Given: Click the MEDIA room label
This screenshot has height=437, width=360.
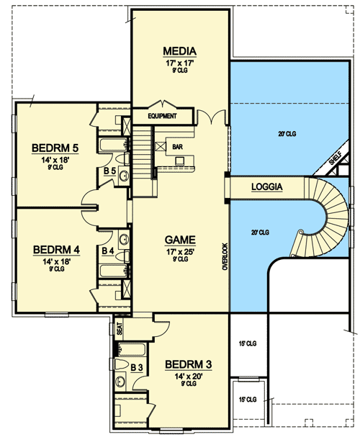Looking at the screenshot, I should tap(179, 50).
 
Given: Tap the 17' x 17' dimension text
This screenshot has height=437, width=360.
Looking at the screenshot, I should tap(179, 62).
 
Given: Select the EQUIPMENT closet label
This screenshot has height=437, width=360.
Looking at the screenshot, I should tap(163, 116).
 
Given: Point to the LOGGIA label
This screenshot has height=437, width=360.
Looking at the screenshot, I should tap(266, 188).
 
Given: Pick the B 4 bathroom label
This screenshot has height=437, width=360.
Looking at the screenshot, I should tap(108, 251).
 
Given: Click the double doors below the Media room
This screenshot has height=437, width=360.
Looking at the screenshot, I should tap(209, 117).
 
